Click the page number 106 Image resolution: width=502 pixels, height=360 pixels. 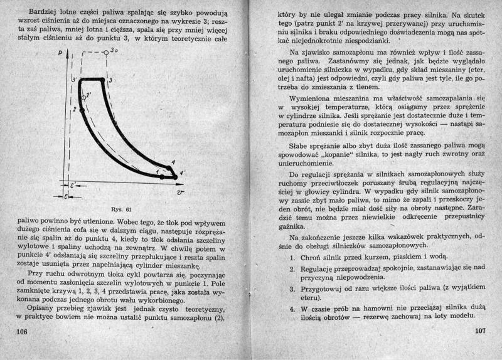coord(21,331)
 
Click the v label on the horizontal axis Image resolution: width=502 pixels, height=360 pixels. coord(180,191)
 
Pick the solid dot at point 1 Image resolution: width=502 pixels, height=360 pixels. coord(162,177)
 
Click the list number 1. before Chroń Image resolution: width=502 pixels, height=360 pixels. coord(292,257)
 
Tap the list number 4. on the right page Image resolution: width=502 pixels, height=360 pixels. coord(292,309)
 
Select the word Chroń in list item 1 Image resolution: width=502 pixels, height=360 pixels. coord(313,257)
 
